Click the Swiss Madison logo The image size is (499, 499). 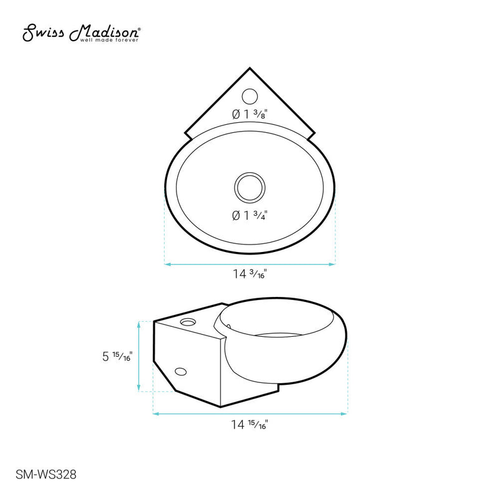(81, 32)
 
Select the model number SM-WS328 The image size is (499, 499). (45, 474)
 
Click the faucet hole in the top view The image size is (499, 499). (249, 96)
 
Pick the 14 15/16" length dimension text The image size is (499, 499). (250, 425)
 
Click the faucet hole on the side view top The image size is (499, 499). (187, 323)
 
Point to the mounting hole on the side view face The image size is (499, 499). (180, 372)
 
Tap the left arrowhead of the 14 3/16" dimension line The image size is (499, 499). (167, 264)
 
